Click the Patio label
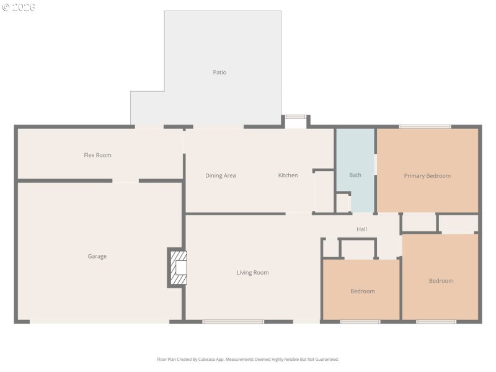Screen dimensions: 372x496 [x=219, y=73]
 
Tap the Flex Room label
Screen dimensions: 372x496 [x=97, y=155]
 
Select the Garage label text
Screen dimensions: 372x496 [x=97, y=256]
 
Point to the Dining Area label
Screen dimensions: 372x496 [x=221, y=175]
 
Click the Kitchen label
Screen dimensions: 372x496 [x=288, y=175]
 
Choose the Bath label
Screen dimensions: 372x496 [x=355, y=175]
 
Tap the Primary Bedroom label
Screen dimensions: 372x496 [x=427, y=175]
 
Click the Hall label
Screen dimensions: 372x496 [x=361, y=229]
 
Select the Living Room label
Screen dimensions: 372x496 [x=252, y=272]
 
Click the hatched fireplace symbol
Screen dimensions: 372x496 [x=178, y=268]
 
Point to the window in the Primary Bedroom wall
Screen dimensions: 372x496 [x=425, y=127]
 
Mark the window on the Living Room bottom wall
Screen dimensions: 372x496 [x=233, y=321]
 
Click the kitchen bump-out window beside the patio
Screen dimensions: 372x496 [x=296, y=117]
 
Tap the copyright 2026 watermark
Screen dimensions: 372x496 [x=19, y=7]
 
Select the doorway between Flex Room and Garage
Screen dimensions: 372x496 [x=125, y=181]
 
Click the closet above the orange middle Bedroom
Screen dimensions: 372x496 [x=358, y=249]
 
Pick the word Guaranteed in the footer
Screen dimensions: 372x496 [x=326, y=359]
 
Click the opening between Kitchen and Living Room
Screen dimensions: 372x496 [x=298, y=214]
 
